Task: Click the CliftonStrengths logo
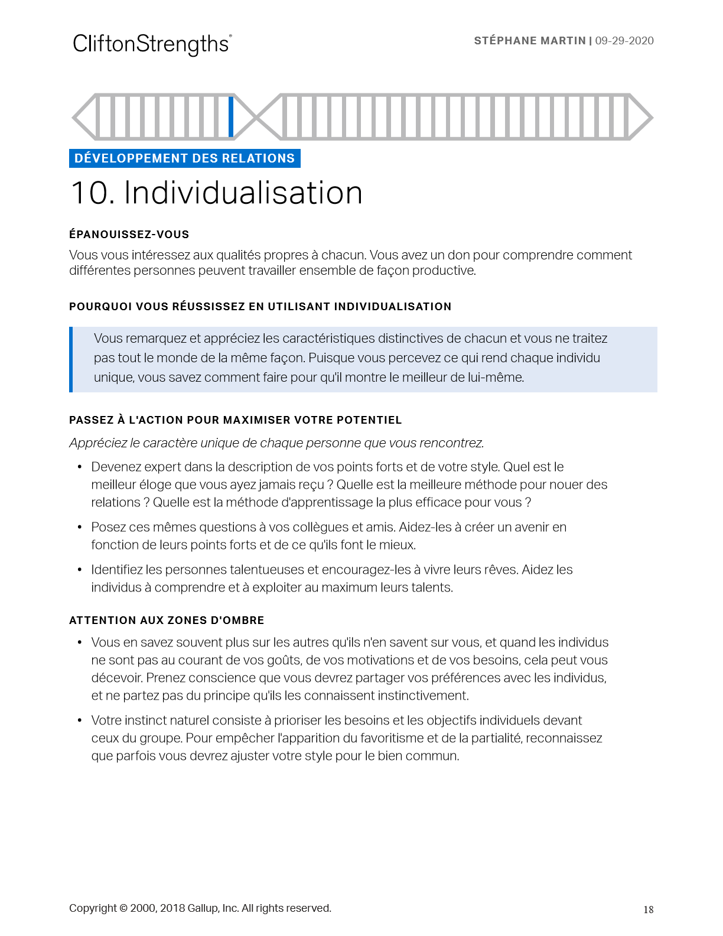152,44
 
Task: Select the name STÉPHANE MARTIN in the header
529,41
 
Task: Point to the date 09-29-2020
624,41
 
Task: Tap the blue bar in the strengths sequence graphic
231,116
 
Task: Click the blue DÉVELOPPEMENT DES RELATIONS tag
184,158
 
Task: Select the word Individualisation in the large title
243,193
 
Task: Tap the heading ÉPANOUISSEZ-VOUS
129,235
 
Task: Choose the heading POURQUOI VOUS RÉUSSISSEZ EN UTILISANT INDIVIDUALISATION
260,307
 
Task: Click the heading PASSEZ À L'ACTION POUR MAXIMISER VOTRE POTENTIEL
235,420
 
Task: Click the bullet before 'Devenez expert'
79,467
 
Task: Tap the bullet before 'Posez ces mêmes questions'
79,527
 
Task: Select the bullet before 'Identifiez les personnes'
79,570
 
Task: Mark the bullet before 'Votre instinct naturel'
79,720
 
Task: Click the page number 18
648,910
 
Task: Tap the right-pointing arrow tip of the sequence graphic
647,117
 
